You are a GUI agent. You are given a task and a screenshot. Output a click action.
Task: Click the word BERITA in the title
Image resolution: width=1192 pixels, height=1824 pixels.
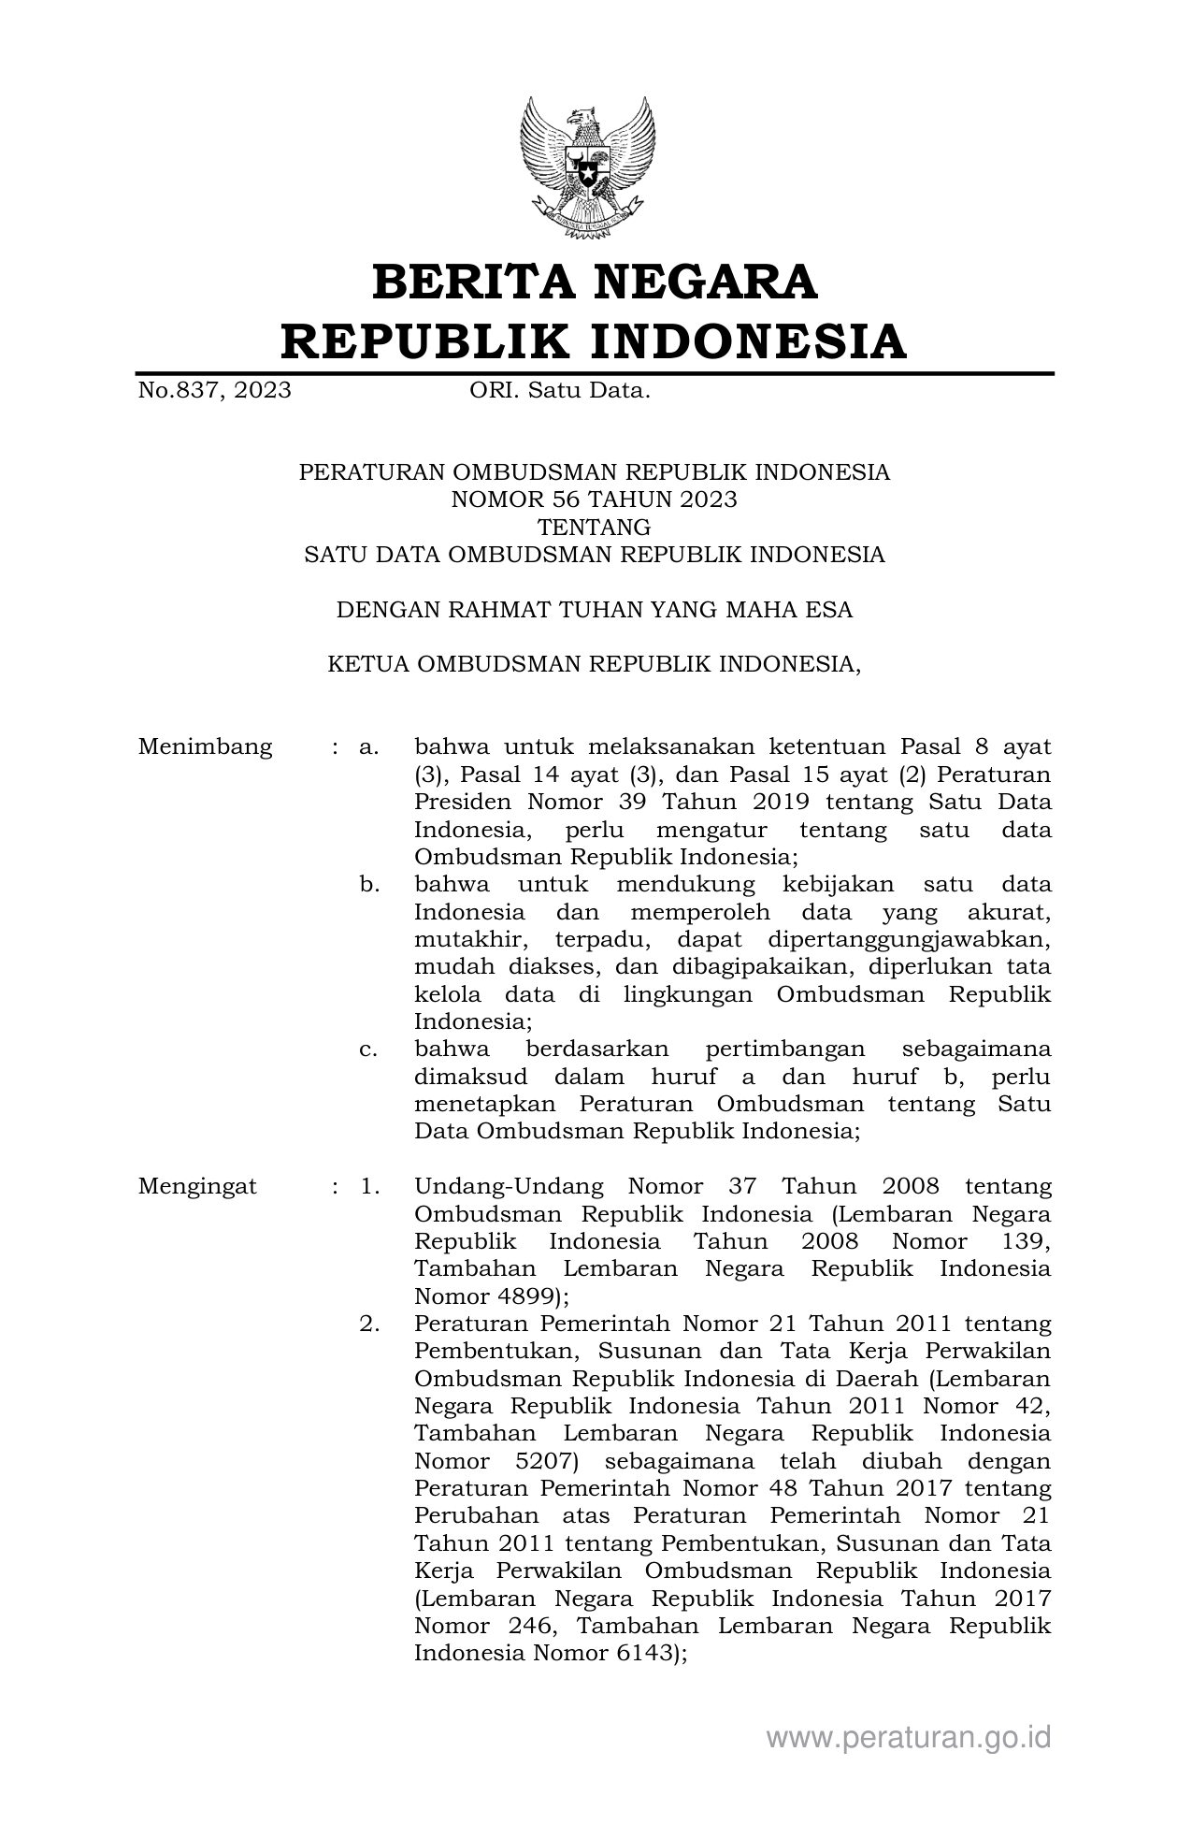click(467, 282)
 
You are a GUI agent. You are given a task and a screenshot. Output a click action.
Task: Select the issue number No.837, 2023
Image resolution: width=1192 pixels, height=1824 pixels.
click(214, 390)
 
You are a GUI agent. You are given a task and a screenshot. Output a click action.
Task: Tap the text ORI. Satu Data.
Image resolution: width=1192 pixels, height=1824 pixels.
click(559, 390)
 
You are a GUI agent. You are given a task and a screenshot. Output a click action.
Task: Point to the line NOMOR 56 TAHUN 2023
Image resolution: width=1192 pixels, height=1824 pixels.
click(595, 499)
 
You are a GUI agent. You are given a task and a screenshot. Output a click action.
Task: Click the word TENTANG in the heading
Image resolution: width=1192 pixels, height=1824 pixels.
click(595, 527)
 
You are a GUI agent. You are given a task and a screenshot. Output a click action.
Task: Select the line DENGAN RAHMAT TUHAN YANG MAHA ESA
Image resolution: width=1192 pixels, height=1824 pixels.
click(595, 610)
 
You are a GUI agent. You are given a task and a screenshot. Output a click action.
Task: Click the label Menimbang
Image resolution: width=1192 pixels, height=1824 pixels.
click(206, 746)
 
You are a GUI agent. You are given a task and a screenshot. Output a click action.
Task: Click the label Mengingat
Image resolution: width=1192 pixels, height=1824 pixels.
click(197, 1186)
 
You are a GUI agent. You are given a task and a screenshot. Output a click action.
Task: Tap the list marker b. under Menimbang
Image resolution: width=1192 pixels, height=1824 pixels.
click(369, 884)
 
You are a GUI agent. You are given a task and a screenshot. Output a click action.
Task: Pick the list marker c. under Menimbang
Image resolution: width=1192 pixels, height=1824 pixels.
click(368, 1049)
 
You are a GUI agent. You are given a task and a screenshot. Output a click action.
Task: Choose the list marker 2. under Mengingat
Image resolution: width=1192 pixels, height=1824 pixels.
click(369, 1324)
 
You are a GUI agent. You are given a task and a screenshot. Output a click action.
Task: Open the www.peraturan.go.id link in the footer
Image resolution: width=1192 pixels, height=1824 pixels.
click(909, 1737)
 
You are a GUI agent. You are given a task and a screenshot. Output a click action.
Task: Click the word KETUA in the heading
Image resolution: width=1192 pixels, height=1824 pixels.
click(367, 664)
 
